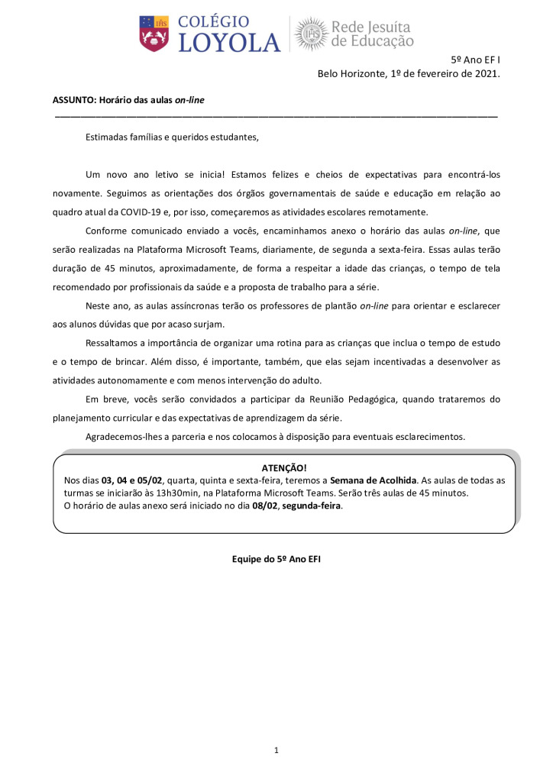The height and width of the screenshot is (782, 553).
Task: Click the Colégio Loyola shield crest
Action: pyautogui.click(x=154, y=34)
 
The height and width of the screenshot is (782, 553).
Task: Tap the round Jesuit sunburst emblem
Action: pyautogui.click(x=312, y=34)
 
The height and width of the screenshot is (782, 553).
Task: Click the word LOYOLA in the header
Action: pyautogui.click(x=229, y=43)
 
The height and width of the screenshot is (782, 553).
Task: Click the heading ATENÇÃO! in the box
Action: pyautogui.click(x=283, y=468)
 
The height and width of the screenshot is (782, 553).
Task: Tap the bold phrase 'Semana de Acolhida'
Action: pyautogui.click(x=373, y=480)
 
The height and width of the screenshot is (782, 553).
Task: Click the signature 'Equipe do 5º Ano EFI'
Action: pyautogui.click(x=276, y=559)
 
